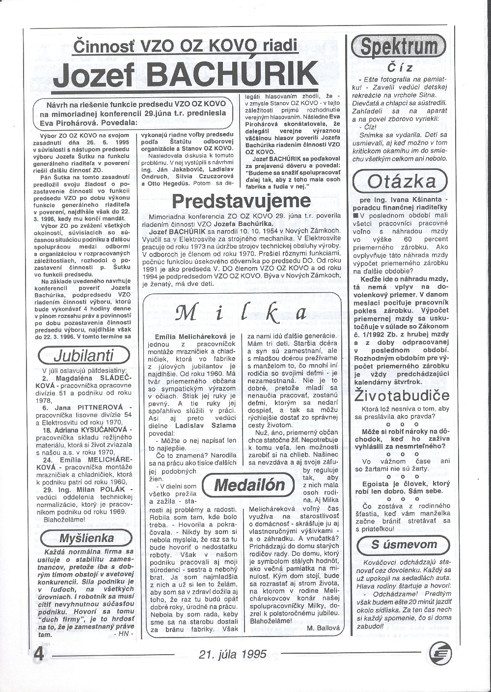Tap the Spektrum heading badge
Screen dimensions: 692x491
[x=398, y=47]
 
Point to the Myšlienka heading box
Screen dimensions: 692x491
[x=86, y=537]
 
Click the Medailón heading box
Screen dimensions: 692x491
[x=250, y=485]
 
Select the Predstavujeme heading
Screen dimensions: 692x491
[x=242, y=201]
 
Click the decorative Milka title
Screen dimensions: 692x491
[x=241, y=312]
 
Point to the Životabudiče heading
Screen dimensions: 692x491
[x=401, y=395]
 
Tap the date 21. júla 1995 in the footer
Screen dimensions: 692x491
[x=233, y=654]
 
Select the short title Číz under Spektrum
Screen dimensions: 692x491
[x=399, y=68]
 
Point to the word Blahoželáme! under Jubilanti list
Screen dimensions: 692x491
[x=64, y=519]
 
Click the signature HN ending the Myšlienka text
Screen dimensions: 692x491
[x=122, y=634]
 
